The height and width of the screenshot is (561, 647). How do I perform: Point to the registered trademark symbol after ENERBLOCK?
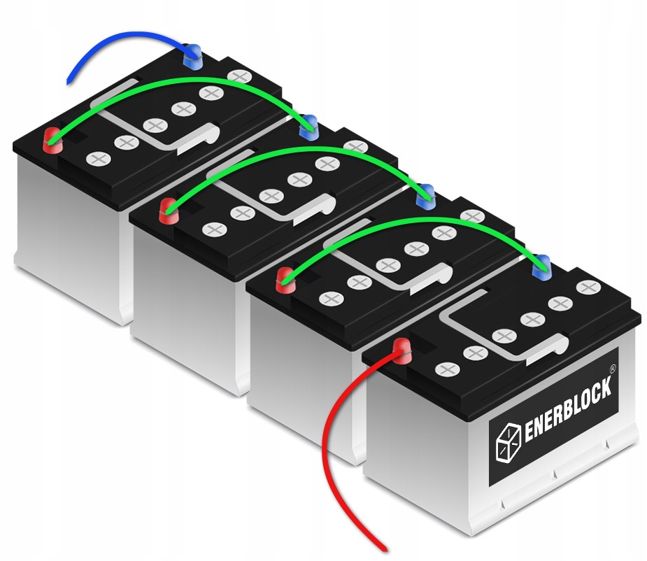pos(613,367)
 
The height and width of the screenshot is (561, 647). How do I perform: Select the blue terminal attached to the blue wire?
pos(194,56)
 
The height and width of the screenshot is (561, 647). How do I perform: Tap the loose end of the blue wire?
pos(69,82)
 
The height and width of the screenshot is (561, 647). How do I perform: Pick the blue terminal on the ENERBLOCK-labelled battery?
pos(541,265)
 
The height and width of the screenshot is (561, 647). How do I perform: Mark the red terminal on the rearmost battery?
pos(52,139)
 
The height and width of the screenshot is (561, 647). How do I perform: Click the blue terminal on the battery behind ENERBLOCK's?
pos(424,197)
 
